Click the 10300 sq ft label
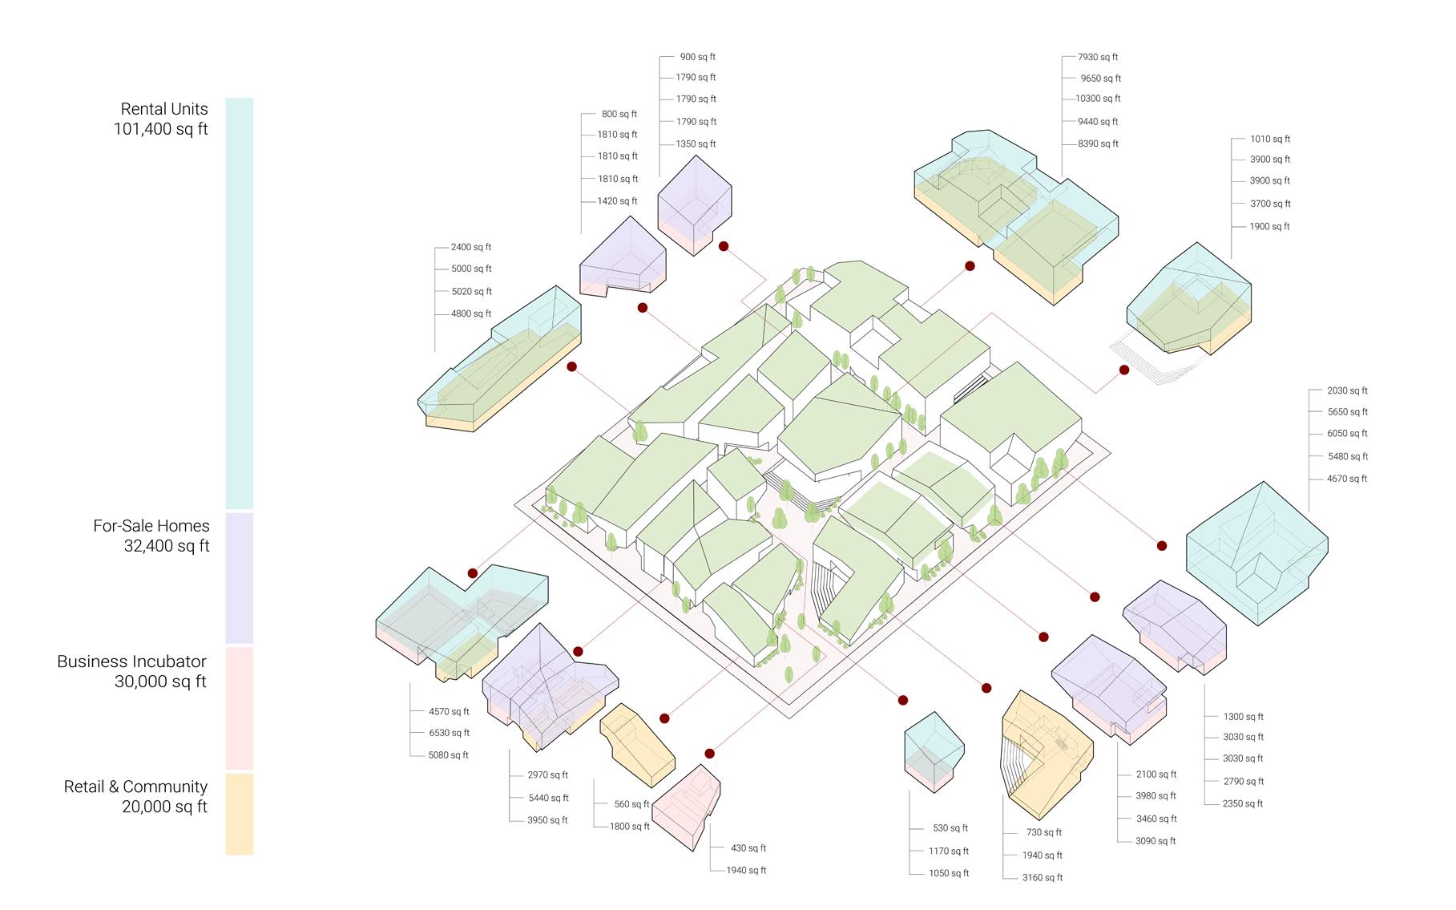coord(1098,99)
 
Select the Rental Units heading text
coord(164,109)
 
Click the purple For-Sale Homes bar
coord(239,578)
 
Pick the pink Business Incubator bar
coord(239,708)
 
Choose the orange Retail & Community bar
coord(239,814)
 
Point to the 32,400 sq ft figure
coord(167,547)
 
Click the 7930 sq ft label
coord(1098,58)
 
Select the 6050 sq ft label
coord(1347,434)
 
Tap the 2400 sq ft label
coord(471,248)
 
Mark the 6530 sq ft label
coord(449,733)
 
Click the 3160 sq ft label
coord(1043,878)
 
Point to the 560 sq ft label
coord(632,804)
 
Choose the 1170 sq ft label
coord(949,851)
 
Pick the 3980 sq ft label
coord(1156,796)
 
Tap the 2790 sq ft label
coord(1243,781)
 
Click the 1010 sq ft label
coord(1270,140)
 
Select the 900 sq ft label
coord(697,58)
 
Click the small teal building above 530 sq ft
coord(934,750)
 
